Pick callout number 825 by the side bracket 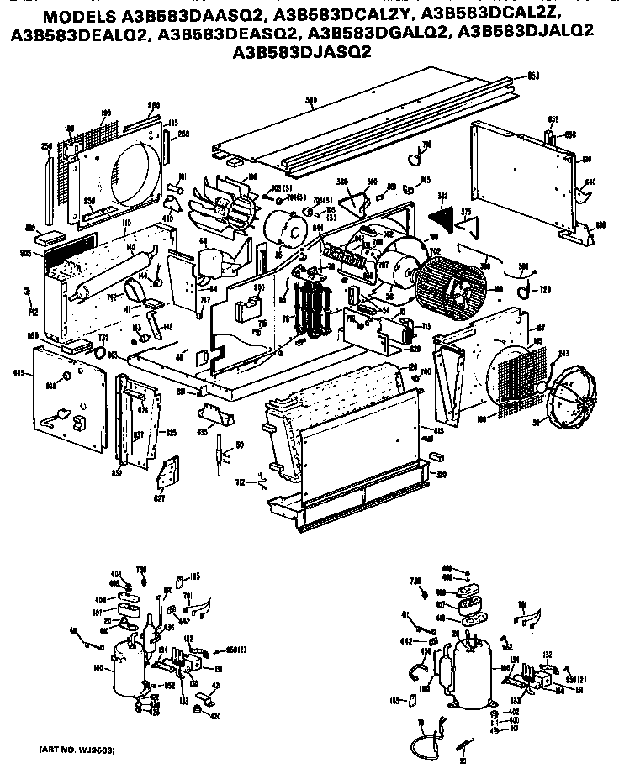171,433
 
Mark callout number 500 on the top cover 311,102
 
